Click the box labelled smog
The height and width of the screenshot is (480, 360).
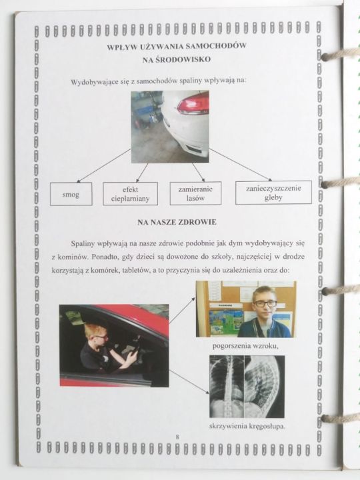coord(71,194)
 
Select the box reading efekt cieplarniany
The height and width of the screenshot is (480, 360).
coord(131,194)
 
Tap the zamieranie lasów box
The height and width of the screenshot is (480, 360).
coord(195,193)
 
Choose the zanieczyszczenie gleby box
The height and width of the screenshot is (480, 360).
coord(273,193)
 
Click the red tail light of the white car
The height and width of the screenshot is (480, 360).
coord(193,104)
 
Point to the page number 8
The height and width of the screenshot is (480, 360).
coord(177,437)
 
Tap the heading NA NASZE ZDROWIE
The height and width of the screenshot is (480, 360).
coord(177,222)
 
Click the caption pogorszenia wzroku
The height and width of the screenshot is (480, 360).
coord(245,346)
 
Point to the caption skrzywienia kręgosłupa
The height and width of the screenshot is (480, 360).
coord(247,426)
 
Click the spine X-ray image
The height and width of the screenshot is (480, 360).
coord(247,387)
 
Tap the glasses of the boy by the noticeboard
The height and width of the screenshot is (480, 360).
coord(265,304)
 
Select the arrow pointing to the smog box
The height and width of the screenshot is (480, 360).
coord(104,165)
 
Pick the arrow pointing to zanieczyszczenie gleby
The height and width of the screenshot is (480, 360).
coord(240,165)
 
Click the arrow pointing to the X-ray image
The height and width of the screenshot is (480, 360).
coord(189,382)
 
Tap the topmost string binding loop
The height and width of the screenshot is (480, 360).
coord(340,55)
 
